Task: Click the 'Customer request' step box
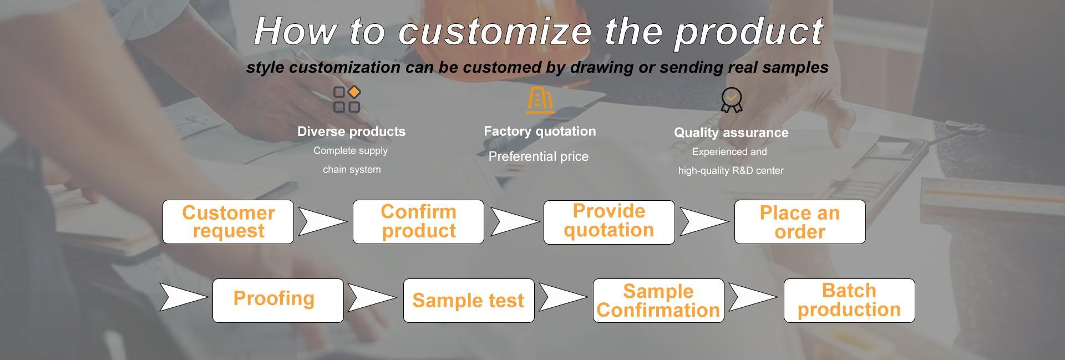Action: pyautogui.click(x=228, y=222)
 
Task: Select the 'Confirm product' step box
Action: pyautogui.click(x=418, y=222)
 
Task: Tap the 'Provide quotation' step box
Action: pyautogui.click(x=609, y=222)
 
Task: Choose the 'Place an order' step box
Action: pyautogui.click(x=800, y=222)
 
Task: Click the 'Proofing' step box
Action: pyautogui.click(x=278, y=301)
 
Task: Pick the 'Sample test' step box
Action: pyautogui.click(x=469, y=301)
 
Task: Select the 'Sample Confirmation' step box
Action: pyautogui.click(x=658, y=301)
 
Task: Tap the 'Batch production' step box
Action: pyautogui.click(x=849, y=301)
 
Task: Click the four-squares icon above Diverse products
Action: pyautogui.click(x=347, y=99)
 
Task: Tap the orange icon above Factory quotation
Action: pyautogui.click(x=540, y=100)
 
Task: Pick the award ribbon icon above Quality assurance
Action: pyautogui.click(x=732, y=100)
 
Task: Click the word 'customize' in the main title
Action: pyautogui.click(x=495, y=31)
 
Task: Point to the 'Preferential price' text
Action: pyautogui.click(x=539, y=156)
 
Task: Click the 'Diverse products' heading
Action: pyautogui.click(x=351, y=131)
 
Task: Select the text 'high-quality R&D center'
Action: pyautogui.click(x=731, y=171)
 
